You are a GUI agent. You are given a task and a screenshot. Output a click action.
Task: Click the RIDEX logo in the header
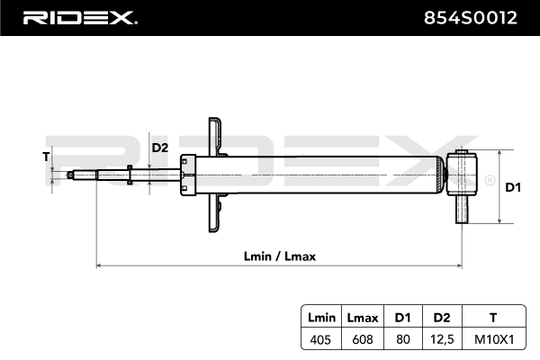pyautogui.click(x=78, y=18)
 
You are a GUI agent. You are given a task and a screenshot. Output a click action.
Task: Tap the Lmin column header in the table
pyautogui.click(x=321, y=317)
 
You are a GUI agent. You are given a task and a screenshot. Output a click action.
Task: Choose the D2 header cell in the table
pyautogui.click(x=440, y=317)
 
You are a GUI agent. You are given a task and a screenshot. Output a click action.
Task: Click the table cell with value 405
pyautogui.click(x=321, y=339)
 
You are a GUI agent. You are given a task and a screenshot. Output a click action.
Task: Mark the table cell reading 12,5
pyautogui.click(x=440, y=339)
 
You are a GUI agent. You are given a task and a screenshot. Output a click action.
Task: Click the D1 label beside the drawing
pyautogui.click(x=513, y=187)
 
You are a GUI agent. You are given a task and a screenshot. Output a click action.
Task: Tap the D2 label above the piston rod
pyautogui.click(x=159, y=148)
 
